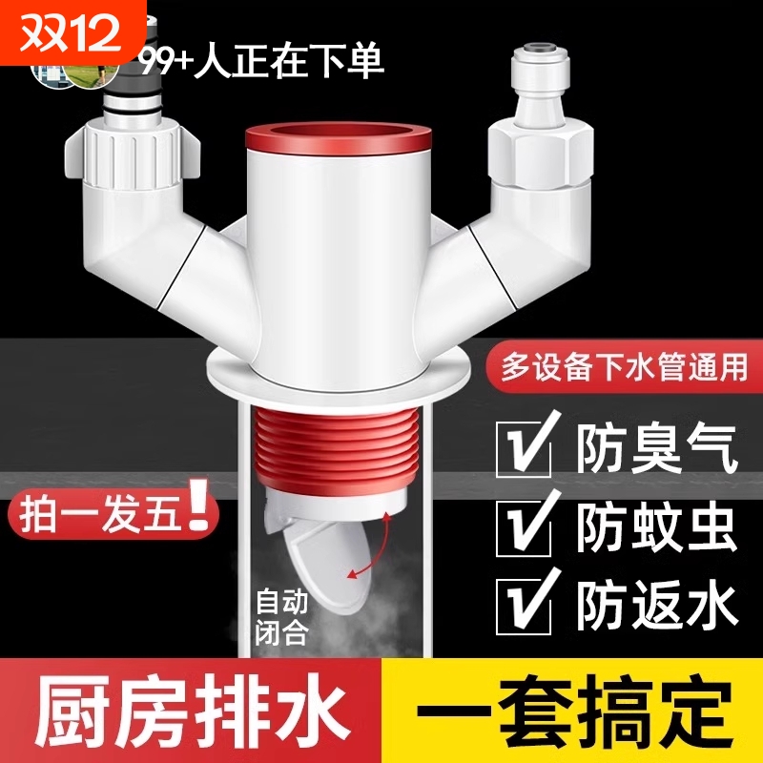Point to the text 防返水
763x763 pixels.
658,604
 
